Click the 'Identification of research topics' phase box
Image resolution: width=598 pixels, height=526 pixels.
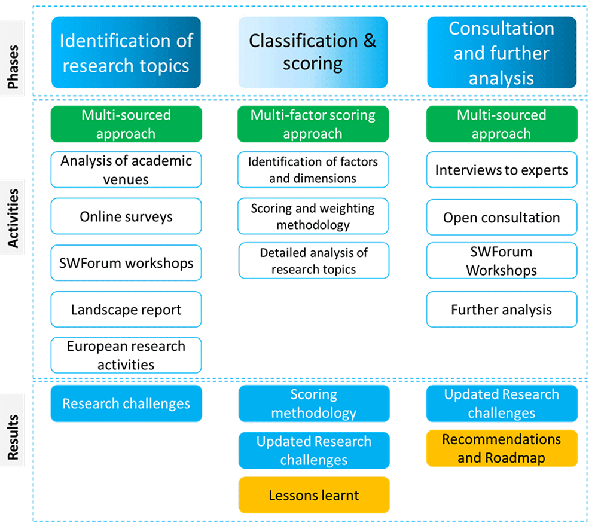click(x=126, y=52)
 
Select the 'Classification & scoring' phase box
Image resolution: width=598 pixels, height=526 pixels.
click(x=313, y=52)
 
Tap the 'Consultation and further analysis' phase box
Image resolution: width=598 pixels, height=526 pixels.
click(x=502, y=52)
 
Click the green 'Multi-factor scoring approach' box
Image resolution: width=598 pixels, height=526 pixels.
click(x=313, y=124)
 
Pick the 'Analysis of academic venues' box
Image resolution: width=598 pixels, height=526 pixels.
click(x=126, y=170)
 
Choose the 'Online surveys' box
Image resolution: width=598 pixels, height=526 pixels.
click(x=126, y=216)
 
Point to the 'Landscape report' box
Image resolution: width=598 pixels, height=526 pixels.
click(x=126, y=309)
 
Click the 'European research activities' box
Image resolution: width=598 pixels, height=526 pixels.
click(x=126, y=355)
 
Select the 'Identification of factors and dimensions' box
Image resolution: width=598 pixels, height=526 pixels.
click(x=313, y=170)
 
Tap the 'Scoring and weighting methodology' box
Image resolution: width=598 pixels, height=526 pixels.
click(x=313, y=216)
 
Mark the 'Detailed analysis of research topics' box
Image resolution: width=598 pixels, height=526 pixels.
click(x=314, y=261)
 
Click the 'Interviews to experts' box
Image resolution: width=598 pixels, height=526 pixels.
click(x=502, y=170)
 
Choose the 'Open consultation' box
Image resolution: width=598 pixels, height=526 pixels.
click(x=502, y=217)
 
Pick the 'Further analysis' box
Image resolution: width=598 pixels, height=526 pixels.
click(x=502, y=309)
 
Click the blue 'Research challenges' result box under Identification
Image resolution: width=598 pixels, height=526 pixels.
click(x=126, y=403)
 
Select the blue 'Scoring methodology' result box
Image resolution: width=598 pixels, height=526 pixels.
click(x=314, y=403)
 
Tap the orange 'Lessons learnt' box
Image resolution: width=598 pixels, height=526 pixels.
click(x=314, y=495)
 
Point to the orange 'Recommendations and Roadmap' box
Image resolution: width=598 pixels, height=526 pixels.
click(x=502, y=448)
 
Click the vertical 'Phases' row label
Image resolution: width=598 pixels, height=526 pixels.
click(x=13, y=67)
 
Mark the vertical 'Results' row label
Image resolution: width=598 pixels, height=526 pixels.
click(x=13, y=437)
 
